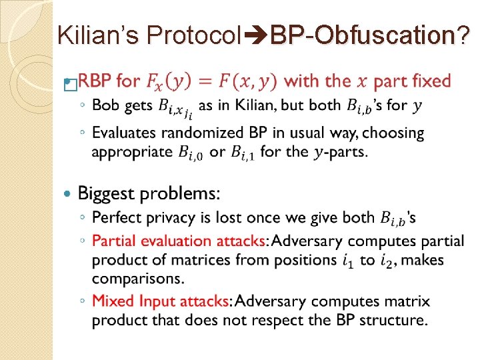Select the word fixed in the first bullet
click(427, 81)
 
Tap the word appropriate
click(132, 151)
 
